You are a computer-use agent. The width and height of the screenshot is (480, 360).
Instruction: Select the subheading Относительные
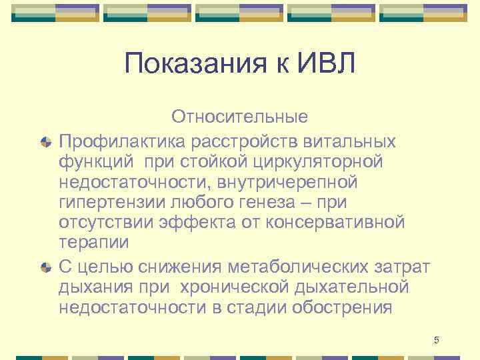[239, 117]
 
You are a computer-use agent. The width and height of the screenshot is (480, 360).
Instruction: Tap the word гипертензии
[109, 201]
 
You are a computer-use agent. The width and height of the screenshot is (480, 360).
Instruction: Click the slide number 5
[437, 341]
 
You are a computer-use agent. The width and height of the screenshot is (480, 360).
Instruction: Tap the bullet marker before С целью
[45, 267]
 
